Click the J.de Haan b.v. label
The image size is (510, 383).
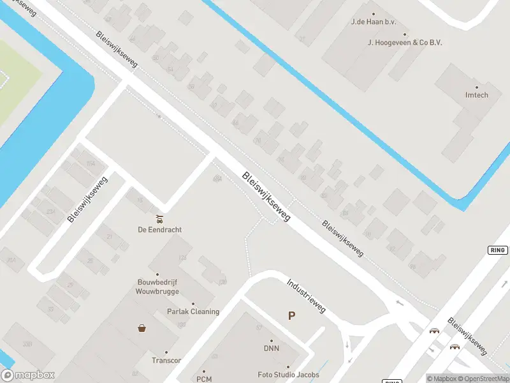[374, 22]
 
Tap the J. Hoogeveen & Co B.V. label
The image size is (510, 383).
[405, 42]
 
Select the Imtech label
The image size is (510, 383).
[476, 95]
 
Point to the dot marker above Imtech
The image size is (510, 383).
[476, 87]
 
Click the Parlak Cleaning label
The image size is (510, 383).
[193, 312]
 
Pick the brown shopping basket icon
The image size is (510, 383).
[142, 328]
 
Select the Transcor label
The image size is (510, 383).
[166, 360]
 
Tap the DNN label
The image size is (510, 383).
[272, 349]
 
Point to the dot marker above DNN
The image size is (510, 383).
[272, 341]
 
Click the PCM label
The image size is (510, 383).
[204, 379]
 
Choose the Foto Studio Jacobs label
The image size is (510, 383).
[288, 375]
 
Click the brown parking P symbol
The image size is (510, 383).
[292, 315]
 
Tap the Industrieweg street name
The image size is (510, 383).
[306, 296]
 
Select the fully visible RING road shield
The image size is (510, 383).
[498, 250]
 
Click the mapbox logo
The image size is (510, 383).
[28, 375]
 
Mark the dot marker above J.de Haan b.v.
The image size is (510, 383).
[374, 13]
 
